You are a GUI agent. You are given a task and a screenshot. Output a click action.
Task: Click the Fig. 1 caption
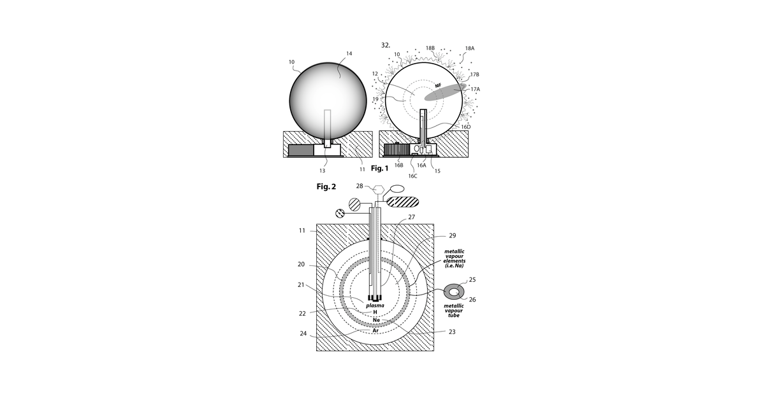click(379, 168)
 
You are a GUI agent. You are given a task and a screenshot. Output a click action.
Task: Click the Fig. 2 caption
click(326, 186)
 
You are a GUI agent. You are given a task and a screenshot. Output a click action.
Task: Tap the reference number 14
click(349, 53)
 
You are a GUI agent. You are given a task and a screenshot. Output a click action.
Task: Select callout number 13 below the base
click(322, 171)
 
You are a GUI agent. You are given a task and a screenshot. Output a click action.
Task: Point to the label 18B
click(430, 48)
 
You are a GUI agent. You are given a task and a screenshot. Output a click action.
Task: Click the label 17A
click(475, 89)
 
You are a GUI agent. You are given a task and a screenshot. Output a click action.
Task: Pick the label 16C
click(412, 176)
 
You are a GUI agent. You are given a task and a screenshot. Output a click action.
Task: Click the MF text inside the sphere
click(438, 86)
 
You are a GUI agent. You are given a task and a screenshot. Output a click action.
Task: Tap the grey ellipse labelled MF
click(445, 92)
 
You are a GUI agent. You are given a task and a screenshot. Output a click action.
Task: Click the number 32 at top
click(386, 45)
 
